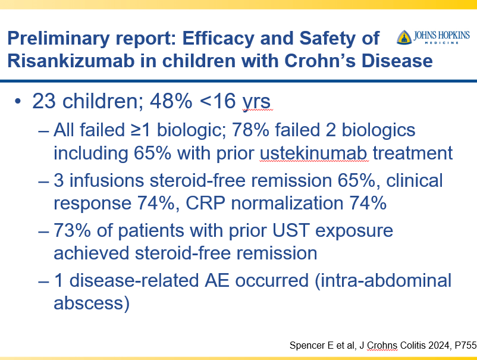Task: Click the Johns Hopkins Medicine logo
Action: pos(433,37)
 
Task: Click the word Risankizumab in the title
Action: pos(71,61)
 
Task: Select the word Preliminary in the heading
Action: pos(58,39)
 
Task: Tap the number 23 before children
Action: pos(44,101)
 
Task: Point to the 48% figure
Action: pos(171,101)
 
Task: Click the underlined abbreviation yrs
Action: pos(256,102)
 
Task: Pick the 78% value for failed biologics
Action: pos(250,130)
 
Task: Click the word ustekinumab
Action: pos(313,153)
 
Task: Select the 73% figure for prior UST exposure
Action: pos(72,230)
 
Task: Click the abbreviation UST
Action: pos(291,230)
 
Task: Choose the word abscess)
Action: pos(92,303)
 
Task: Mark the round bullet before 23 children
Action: pos(18,101)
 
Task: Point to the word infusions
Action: pos(107,180)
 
